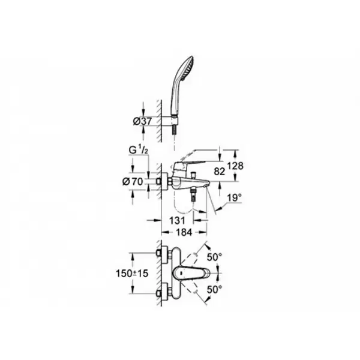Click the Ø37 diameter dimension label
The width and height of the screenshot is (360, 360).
(142, 121)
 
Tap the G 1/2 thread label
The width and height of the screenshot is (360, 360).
(139, 150)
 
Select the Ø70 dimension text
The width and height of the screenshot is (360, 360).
(133, 182)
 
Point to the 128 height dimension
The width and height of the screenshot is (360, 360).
(235, 166)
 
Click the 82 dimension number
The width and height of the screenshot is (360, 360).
(219, 171)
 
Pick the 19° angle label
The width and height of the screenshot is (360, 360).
(235, 198)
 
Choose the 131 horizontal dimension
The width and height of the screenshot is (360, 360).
(177, 220)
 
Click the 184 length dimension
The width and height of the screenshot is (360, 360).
(184, 232)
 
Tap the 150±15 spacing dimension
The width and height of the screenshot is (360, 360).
(132, 273)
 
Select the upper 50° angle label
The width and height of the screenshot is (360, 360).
(215, 257)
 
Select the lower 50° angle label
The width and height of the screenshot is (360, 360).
(215, 289)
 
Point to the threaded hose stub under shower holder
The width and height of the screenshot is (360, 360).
(175, 131)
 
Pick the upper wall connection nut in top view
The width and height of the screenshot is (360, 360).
(158, 253)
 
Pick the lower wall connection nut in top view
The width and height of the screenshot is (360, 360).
(158, 293)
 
